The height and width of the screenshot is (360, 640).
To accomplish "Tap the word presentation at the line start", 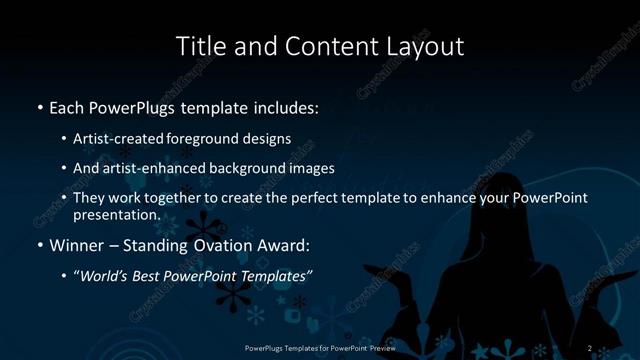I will coord(116,214).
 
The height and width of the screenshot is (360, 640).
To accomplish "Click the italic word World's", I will coord(107,276).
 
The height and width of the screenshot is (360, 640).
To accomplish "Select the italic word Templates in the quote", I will coord(274,276).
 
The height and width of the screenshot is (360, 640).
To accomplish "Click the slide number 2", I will coord(590,348).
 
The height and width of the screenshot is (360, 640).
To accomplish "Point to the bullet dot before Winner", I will coord(40,246).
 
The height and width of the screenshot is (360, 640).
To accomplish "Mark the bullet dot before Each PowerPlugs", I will coord(40,107).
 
